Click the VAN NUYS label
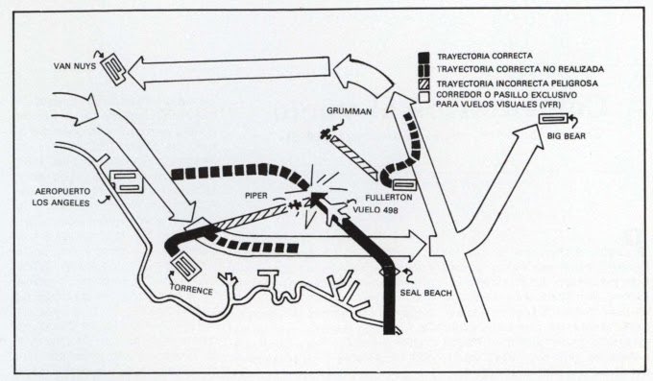pyautogui.click(x=75, y=66)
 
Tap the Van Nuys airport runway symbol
pyautogui.click(x=113, y=69)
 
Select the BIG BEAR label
pyautogui.click(x=567, y=135)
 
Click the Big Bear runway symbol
pyautogui.click(x=553, y=119)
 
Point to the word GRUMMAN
pyautogui.click(x=349, y=111)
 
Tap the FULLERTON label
pyautogui.click(x=389, y=197)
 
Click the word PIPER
pyautogui.click(x=256, y=195)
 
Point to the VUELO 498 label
pyautogui.click(x=375, y=209)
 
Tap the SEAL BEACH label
pyautogui.click(x=425, y=293)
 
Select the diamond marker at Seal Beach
pyautogui.click(x=389, y=272)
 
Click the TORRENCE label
pyautogui.click(x=191, y=290)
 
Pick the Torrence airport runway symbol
pyautogui.click(x=186, y=266)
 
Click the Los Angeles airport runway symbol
pyautogui.click(x=126, y=181)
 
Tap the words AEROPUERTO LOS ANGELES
pyautogui.click(x=62, y=198)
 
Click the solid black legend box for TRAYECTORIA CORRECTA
pyautogui.click(x=423, y=57)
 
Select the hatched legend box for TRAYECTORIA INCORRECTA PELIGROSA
pyautogui.click(x=423, y=83)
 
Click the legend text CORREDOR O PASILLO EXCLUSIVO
pyautogui.click(x=506, y=95)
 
